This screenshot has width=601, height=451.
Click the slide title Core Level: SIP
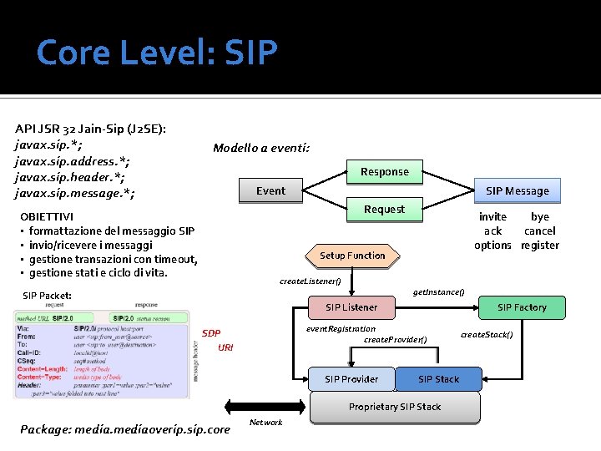157,53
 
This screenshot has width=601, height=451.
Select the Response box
384,172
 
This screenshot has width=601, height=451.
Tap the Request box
384,210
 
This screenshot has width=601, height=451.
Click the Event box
270,191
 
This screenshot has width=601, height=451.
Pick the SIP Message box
518,191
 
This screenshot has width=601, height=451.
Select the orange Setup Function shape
352,256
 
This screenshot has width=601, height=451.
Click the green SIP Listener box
351,307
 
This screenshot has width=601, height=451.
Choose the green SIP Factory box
522,307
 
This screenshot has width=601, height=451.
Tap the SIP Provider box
351,379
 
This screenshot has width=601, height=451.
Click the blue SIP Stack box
438,379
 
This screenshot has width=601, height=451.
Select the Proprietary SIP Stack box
395,407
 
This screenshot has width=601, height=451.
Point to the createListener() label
310,281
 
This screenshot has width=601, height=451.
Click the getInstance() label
439,291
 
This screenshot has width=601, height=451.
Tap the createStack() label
487,335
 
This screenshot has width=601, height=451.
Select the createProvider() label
396,339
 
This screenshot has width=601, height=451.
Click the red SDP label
211,334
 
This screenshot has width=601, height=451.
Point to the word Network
266,423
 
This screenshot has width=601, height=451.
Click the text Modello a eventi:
261,149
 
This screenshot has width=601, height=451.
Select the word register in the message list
539,245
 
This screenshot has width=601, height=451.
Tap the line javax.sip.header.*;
70,177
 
